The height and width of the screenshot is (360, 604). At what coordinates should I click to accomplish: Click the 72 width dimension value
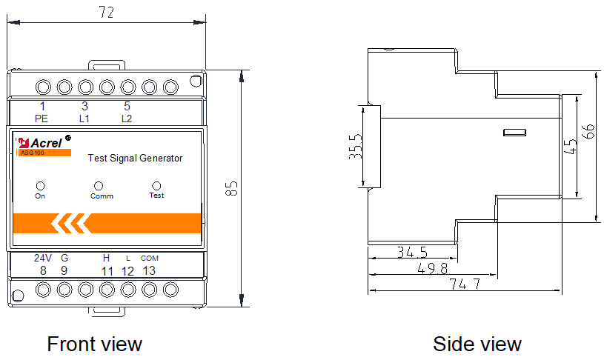(107, 12)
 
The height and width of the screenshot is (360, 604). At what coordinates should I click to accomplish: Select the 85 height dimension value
(231, 189)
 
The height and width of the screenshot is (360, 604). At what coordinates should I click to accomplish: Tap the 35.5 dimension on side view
(356, 147)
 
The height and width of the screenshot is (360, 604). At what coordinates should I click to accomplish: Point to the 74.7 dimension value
(465, 284)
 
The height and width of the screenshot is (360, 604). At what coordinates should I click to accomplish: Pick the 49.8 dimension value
(433, 268)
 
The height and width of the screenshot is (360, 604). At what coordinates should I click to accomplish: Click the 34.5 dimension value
(412, 252)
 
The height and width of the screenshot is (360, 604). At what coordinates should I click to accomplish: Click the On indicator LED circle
(41, 186)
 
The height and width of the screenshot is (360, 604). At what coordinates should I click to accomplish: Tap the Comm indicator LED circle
(99, 186)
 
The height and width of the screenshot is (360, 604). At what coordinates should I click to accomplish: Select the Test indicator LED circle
(156, 186)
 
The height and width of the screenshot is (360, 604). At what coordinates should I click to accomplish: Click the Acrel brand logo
(43, 142)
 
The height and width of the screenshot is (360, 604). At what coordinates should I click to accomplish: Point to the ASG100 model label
(33, 153)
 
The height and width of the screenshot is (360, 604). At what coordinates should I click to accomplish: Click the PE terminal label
(42, 119)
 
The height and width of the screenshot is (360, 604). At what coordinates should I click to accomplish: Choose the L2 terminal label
(127, 119)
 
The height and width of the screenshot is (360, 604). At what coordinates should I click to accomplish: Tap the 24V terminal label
(43, 258)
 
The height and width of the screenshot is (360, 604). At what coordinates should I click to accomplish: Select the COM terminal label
(150, 259)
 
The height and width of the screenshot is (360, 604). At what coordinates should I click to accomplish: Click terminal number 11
(107, 271)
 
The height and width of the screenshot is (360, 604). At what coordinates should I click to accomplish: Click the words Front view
(94, 344)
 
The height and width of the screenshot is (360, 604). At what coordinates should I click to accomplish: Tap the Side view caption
(477, 344)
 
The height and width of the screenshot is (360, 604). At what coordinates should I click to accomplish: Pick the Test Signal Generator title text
(135, 159)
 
